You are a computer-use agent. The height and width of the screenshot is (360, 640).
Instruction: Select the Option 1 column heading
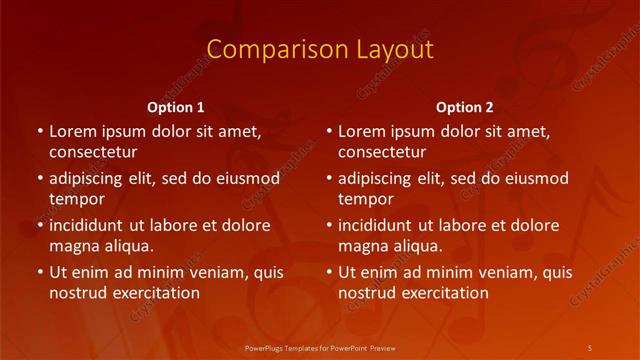(x=176, y=107)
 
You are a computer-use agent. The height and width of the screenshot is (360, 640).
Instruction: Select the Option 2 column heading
(x=465, y=107)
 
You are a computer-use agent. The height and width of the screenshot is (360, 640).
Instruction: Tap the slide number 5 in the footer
(x=590, y=347)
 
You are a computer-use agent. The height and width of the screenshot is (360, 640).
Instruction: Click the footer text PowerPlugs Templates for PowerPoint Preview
(x=320, y=347)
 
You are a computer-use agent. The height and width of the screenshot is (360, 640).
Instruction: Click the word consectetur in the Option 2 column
(x=382, y=152)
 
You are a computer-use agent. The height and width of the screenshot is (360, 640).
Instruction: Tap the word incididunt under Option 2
(x=379, y=225)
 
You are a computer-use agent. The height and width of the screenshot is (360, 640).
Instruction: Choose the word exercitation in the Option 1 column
(x=156, y=293)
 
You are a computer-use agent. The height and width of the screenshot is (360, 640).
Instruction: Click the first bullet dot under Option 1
(x=39, y=132)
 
